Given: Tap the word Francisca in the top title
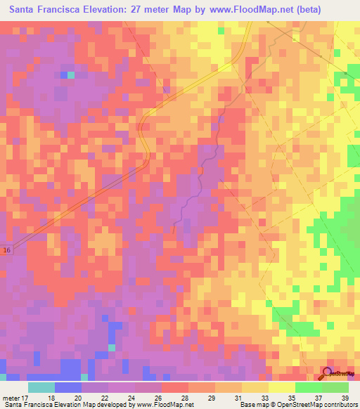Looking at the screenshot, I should pos(70,10).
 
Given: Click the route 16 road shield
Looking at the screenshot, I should pos(6,249).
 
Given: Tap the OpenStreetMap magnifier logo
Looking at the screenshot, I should pos(328,373).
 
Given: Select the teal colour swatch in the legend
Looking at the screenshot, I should pos(41,387).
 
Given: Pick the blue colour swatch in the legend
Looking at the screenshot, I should pos(68,387).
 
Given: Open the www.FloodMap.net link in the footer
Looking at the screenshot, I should pos(155,405).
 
